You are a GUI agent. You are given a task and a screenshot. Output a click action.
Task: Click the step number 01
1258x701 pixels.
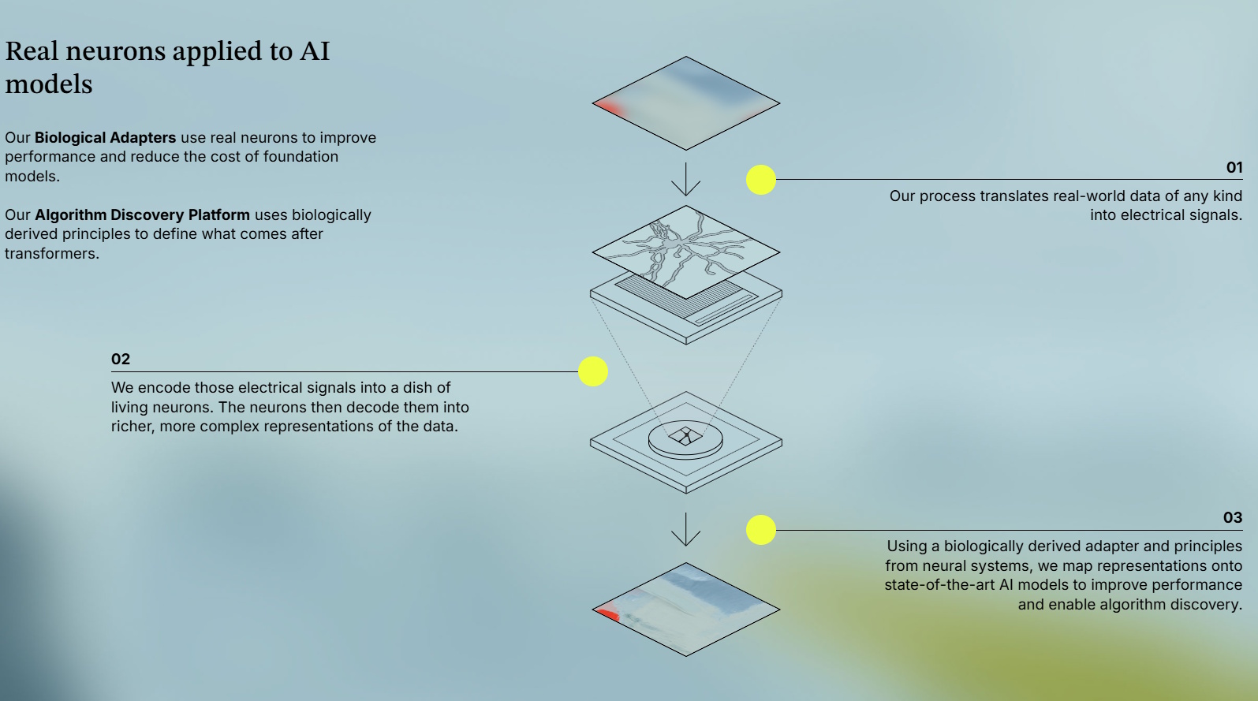(x=1234, y=167)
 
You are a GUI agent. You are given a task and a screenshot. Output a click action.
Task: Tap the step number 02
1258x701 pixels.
(x=121, y=359)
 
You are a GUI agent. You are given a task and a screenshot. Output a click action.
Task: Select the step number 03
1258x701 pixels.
(x=1232, y=517)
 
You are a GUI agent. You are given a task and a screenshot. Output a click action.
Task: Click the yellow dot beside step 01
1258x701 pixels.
(x=761, y=180)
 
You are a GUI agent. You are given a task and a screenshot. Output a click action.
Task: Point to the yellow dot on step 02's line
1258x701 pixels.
(x=593, y=371)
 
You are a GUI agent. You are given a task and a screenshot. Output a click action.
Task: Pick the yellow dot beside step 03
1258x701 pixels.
(x=761, y=530)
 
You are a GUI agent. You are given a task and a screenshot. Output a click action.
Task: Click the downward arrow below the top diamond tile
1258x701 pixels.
(x=686, y=179)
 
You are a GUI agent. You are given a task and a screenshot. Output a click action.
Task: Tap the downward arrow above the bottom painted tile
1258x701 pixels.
(x=686, y=529)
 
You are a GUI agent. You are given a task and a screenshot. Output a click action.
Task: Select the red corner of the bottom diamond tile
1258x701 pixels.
(x=608, y=613)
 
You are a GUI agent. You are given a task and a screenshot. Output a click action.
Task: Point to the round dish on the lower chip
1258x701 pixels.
(x=685, y=438)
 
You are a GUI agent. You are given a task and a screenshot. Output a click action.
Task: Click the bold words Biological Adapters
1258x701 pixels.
(x=105, y=137)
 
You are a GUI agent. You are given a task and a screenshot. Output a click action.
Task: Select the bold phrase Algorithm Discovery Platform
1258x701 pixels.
(x=142, y=214)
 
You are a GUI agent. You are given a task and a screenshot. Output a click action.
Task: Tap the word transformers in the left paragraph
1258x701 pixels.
(x=50, y=253)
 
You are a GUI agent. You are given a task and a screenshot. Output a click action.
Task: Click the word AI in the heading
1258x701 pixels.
(x=314, y=51)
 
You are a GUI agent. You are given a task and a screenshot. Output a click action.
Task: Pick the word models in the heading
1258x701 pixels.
(x=49, y=84)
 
